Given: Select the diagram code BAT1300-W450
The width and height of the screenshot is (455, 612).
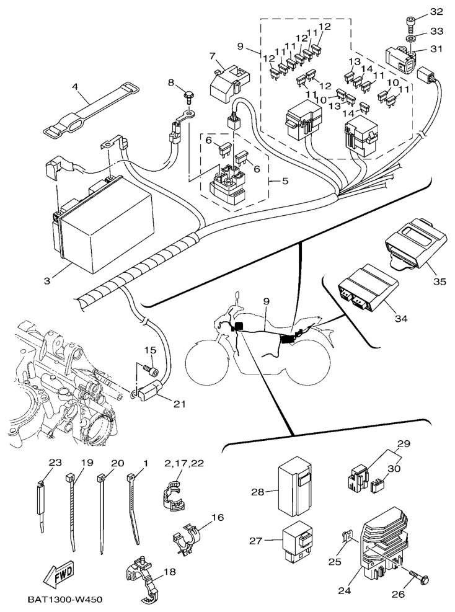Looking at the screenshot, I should (65, 600).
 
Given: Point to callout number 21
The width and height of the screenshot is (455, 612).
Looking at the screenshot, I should (180, 405).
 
